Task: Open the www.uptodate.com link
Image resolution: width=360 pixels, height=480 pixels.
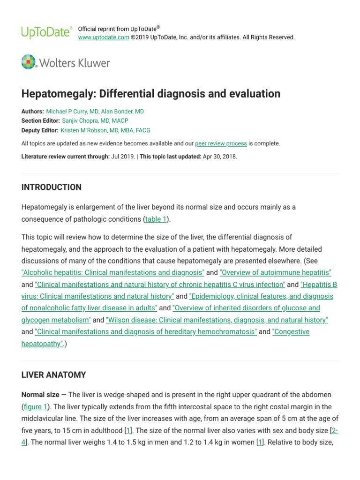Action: click(103, 37)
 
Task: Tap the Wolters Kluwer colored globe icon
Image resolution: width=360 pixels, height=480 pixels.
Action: click(29, 62)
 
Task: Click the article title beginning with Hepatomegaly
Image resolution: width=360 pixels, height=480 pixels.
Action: click(151, 94)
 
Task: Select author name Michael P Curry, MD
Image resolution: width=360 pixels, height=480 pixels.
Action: click(72, 112)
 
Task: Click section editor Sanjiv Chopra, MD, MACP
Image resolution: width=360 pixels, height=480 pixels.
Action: click(95, 121)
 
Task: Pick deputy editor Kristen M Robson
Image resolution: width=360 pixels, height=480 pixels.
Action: click(105, 130)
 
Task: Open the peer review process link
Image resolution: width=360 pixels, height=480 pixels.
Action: click(221, 143)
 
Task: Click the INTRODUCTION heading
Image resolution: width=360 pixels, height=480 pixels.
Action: click(52, 187)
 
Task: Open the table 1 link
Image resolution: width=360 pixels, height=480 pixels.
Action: click(156, 219)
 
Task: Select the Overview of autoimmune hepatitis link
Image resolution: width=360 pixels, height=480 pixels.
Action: click(276, 272)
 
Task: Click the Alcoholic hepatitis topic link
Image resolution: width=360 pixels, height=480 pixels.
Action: click(113, 272)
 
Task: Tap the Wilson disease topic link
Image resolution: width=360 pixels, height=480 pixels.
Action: click(217, 320)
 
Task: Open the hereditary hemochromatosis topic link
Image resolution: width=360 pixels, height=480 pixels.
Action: click(146, 331)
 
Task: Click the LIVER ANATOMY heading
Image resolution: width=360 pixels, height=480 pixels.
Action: click(54, 375)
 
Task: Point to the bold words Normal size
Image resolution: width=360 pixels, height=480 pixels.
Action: click(40, 395)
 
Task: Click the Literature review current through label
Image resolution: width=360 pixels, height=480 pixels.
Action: click(66, 157)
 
